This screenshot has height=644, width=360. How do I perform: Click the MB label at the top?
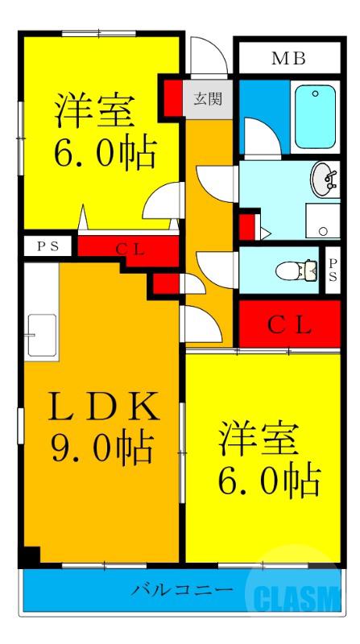click(288, 58)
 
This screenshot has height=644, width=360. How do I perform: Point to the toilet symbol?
click(296, 270)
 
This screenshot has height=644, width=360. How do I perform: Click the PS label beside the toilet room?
click(333, 270)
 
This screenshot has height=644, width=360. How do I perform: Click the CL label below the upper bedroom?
click(129, 249)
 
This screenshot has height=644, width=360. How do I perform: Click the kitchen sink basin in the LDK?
click(40, 334)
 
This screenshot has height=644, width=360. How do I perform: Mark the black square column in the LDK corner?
click(29, 555)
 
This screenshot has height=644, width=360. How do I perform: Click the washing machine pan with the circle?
click(323, 220)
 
